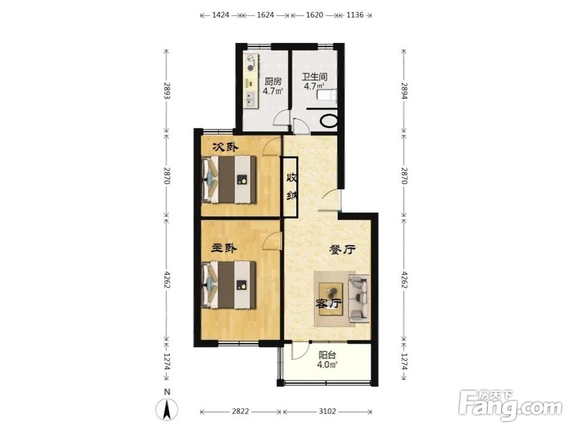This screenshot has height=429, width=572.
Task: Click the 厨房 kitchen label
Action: [x=273, y=81]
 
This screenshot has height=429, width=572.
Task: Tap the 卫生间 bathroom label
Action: [x=314, y=77]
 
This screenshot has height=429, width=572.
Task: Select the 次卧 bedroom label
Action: [x=225, y=147]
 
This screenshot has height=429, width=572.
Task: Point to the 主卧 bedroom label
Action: [x=224, y=248]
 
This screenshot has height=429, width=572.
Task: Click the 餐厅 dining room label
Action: [x=342, y=250]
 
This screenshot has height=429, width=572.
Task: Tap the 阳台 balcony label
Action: [x=327, y=355]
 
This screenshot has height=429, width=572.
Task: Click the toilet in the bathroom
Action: [x=327, y=96]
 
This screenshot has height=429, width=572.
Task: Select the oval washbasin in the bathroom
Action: [x=329, y=121]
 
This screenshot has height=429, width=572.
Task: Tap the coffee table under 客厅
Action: [x=331, y=299]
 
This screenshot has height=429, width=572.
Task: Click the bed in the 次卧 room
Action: [x=229, y=180]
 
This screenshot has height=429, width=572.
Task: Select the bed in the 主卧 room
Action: [x=229, y=284]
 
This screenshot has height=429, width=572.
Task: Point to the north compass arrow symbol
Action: [x=166, y=408]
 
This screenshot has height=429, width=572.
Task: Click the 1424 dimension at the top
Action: [x=220, y=15]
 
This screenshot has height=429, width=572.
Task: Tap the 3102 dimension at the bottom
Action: [x=327, y=411]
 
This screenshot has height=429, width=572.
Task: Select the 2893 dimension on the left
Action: [x=167, y=90]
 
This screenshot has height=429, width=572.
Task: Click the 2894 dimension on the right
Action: [x=404, y=90]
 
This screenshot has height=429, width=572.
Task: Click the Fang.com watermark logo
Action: [x=511, y=405]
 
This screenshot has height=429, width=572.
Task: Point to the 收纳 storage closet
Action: [x=291, y=186]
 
